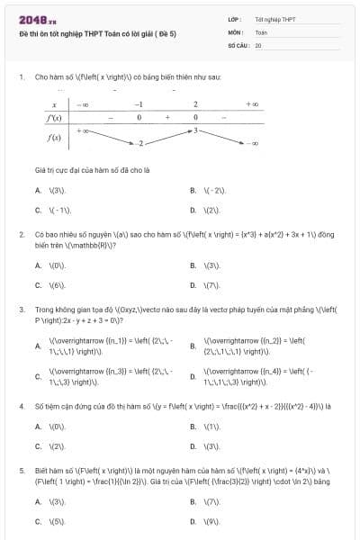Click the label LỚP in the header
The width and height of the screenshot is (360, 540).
(x=234, y=19)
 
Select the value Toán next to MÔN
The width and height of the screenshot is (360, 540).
(x=261, y=31)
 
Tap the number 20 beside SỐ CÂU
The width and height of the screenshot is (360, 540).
(x=258, y=44)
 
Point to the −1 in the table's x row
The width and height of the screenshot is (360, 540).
(x=139, y=105)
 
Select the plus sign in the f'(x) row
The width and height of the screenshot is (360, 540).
(x=167, y=118)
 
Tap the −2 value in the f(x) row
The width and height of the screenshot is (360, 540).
(x=139, y=143)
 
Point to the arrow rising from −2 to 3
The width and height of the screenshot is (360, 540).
(x=167, y=137)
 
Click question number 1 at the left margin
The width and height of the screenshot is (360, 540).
(x=21, y=78)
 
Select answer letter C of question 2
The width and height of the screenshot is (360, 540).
(x=38, y=285)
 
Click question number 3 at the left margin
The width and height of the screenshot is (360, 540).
(x=21, y=310)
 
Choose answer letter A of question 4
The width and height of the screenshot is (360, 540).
(x=38, y=427)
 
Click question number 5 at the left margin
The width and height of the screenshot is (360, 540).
(x=21, y=470)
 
